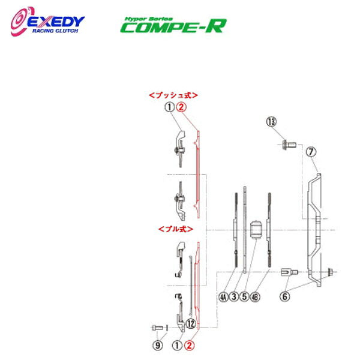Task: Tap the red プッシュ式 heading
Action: (x=173, y=95)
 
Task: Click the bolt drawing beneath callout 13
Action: (x=287, y=145)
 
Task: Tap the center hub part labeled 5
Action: (x=256, y=230)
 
